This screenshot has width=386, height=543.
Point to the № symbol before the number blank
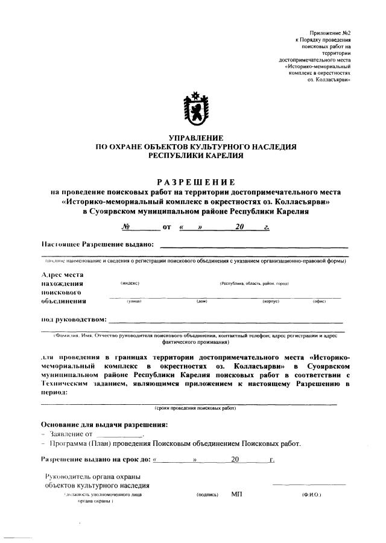[x=127, y=227]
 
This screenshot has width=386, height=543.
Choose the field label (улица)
[x=133, y=301]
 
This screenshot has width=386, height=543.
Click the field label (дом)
[x=202, y=301]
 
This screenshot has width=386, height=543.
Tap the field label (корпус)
[x=271, y=301]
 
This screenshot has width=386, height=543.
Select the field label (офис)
[x=319, y=301]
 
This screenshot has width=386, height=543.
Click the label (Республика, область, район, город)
[x=255, y=282]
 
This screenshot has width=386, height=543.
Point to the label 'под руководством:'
[x=74, y=319]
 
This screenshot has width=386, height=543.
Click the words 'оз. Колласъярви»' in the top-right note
[x=329, y=80]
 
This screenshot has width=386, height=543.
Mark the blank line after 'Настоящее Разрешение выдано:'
[x=254, y=246]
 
